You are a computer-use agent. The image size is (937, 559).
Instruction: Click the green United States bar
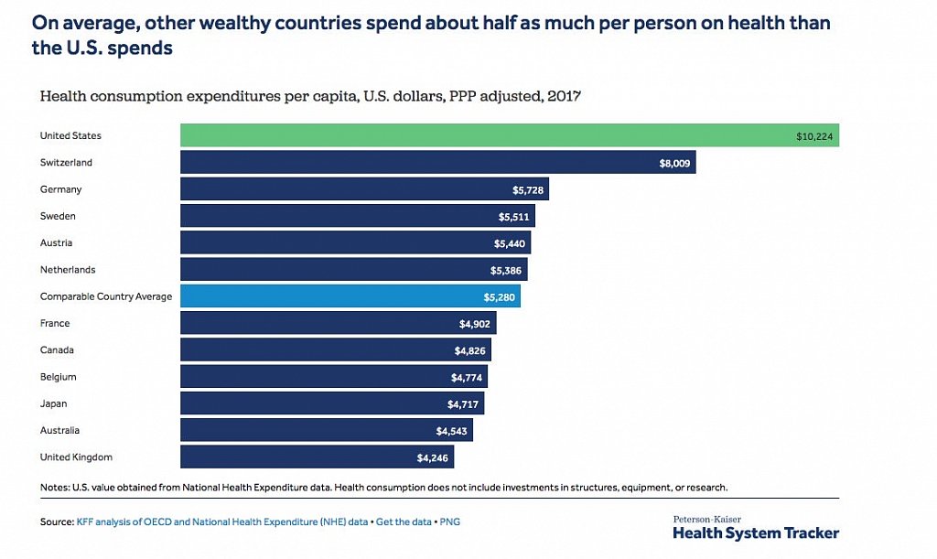(509, 135)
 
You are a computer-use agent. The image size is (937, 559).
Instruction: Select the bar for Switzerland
(437, 163)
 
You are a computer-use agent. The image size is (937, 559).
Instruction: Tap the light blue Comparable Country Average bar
(350, 296)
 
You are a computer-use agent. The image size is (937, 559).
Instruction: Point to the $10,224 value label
(814, 136)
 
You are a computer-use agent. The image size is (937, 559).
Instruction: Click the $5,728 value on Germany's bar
(528, 189)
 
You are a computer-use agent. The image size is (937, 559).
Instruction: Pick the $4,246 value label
(433, 457)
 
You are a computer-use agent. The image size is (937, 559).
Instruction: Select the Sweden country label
(58, 216)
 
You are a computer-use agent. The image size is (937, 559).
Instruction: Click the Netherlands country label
(68, 270)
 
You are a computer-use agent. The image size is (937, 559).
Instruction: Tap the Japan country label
(53, 403)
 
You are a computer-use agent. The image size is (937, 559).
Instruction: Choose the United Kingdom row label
(76, 457)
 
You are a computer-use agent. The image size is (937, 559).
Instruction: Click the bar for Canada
(335, 350)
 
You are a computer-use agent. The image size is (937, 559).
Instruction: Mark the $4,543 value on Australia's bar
(452, 430)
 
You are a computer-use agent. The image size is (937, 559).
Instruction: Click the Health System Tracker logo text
(755, 532)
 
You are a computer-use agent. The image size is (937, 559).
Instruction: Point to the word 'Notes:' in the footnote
(55, 487)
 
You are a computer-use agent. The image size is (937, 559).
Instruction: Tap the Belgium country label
(58, 377)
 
